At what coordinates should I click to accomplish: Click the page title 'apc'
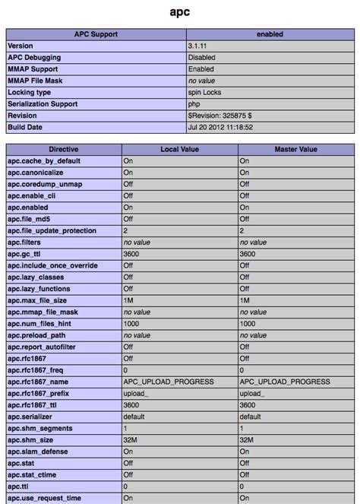(179, 13)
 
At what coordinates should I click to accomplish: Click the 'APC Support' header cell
(96, 35)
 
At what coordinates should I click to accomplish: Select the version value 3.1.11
(199, 46)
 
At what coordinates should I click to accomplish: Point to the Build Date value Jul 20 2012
(220, 127)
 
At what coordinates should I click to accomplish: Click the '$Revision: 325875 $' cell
(220, 116)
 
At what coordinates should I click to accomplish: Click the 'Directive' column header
(64, 150)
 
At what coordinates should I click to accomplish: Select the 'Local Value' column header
(179, 150)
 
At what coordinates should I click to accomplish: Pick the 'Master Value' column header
(295, 150)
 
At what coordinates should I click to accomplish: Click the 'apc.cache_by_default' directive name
(44, 161)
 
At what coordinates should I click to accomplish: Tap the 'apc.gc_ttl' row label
(27, 254)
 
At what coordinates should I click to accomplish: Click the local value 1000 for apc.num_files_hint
(131, 323)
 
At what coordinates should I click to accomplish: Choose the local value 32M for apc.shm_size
(131, 439)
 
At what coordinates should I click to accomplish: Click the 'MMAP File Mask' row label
(38, 81)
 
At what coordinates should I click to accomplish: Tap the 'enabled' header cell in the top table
(269, 35)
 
